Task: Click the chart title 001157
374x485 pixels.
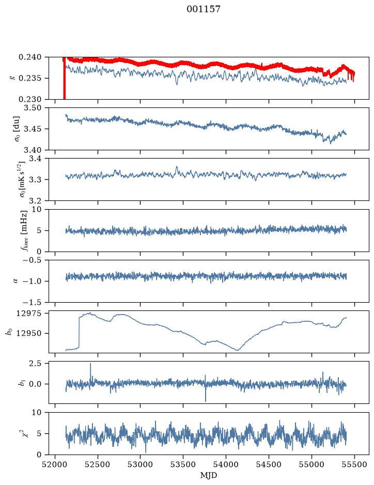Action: click(203, 9)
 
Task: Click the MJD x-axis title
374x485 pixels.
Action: click(209, 475)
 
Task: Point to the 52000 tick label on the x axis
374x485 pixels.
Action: click(55, 464)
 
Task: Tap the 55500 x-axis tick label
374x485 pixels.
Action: click(354, 464)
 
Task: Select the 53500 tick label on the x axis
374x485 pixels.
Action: click(183, 464)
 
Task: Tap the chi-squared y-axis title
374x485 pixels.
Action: click(26, 432)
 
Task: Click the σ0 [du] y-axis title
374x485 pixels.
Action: click(16, 129)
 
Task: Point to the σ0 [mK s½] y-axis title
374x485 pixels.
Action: click(22, 179)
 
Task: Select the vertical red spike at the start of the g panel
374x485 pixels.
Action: click(64, 79)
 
